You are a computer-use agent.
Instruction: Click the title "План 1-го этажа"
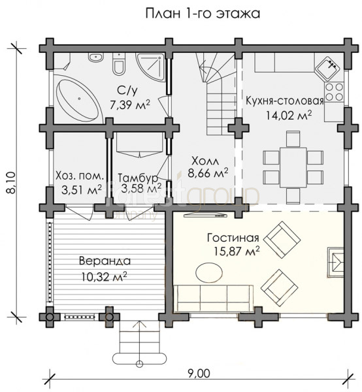(203, 14)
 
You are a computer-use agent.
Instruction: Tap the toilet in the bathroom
(118, 64)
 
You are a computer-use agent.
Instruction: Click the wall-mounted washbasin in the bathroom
(96, 57)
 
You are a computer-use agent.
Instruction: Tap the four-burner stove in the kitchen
(334, 91)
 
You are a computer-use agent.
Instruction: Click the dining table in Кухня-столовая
(293, 167)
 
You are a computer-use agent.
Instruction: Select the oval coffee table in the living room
(209, 272)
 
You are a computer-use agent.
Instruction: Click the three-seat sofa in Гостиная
(213, 298)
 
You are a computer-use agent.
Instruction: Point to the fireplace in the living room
(336, 262)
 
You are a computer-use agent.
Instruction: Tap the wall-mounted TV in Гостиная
(205, 215)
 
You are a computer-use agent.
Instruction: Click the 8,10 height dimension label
(10, 183)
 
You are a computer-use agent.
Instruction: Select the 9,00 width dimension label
(199, 374)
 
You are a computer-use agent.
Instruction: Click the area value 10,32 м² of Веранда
(105, 277)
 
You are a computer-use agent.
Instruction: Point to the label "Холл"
(205, 161)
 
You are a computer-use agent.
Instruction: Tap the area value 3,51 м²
(82, 189)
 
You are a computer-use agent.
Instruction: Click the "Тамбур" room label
(138, 178)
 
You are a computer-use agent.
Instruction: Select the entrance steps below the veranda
(139, 343)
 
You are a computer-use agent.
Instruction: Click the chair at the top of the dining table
(293, 139)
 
